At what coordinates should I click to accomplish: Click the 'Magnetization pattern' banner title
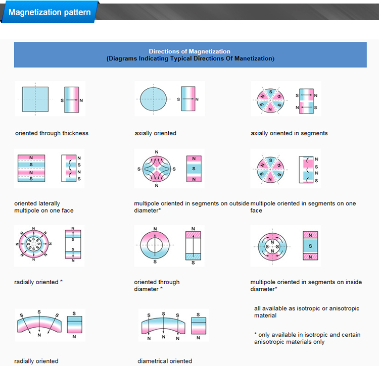click(50, 12)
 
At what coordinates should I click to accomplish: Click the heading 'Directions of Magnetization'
click(189, 51)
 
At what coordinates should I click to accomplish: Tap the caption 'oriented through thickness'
click(52, 133)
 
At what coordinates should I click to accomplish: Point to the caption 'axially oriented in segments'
click(289, 133)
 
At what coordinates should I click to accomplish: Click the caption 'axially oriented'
click(155, 133)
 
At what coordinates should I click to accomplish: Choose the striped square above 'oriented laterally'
click(31, 168)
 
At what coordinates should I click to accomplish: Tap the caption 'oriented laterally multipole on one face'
click(44, 207)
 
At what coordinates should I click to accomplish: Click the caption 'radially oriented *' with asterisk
click(38, 282)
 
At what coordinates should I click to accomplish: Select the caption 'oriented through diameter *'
click(157, 285)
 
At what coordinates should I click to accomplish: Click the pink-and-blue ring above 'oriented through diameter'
click(155, 245)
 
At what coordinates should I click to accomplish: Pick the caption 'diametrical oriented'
click(165, 361)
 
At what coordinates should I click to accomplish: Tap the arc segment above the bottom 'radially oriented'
click(39, 325)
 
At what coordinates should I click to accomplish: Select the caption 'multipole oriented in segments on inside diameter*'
click(306, 285)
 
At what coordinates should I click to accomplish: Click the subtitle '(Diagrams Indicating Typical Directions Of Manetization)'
click(190, 59)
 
